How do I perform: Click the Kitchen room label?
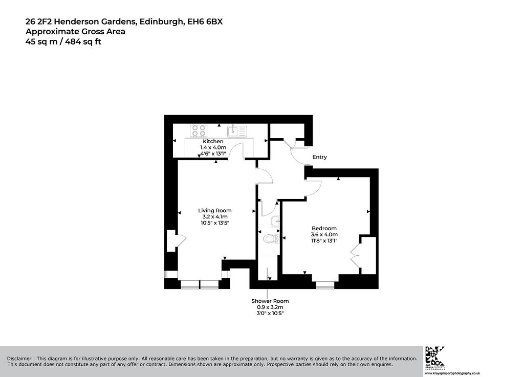coord(213,141)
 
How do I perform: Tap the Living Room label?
coord(215,210)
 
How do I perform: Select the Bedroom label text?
coord(324,229)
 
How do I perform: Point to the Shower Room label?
coord(270,301)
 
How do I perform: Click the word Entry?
coord(319,157)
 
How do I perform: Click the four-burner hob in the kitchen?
coord(199,131)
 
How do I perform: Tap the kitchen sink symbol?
coord(237,131)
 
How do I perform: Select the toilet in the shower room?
coord(271,239)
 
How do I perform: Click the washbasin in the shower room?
coord(275,221)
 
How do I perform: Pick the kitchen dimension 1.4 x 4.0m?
coord(213,147)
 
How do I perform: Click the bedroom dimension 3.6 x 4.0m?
coord(324,234)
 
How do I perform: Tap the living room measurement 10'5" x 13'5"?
coord(215,223)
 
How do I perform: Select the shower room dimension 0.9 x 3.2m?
coord(270,307)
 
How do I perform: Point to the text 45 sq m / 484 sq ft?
coord(63,42)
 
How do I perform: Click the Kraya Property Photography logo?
coord(434,356)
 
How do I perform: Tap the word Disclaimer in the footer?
coord(19,359)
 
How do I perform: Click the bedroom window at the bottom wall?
coord(325,285)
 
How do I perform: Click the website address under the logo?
coord(452,373)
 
